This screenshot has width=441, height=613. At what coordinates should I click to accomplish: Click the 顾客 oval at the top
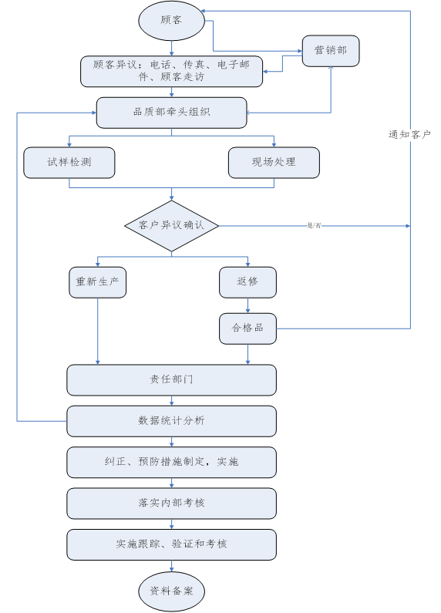coord(171,21)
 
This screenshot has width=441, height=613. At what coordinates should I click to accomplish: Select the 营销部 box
coord(330,50)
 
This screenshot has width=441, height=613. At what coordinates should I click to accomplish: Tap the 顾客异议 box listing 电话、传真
coord(171,71)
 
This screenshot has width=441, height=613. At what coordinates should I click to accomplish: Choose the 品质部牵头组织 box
coord(171,112)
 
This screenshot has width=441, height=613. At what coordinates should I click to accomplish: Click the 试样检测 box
coord(69,162)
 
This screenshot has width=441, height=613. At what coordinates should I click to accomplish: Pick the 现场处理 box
coord(274,162)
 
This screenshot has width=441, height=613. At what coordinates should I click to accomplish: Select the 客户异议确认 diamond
coord(171,225)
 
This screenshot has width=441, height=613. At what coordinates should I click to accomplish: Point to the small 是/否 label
coord(315,225)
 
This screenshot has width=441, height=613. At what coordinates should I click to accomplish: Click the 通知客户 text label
coord(409,134)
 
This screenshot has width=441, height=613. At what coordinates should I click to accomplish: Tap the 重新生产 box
coord(97,281)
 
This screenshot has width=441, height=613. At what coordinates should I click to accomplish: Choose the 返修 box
coord(247,281)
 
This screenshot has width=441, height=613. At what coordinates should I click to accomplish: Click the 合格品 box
coord(247,328)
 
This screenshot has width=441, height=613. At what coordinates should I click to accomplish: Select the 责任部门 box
coord(171,379)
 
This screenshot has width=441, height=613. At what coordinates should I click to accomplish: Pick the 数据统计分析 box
coord(171,421)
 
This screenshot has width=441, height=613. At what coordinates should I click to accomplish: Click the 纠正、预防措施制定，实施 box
coord(171,462)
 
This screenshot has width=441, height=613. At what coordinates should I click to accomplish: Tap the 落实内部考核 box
coord(171,503)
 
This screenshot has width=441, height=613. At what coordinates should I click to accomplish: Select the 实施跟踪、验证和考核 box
coord(171,544)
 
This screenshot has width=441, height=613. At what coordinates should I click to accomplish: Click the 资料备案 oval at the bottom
coord(171,591)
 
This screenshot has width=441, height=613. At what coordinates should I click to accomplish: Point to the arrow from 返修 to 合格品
coord(247,305)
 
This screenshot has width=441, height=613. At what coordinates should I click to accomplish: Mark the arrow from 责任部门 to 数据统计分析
coord(171,400)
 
